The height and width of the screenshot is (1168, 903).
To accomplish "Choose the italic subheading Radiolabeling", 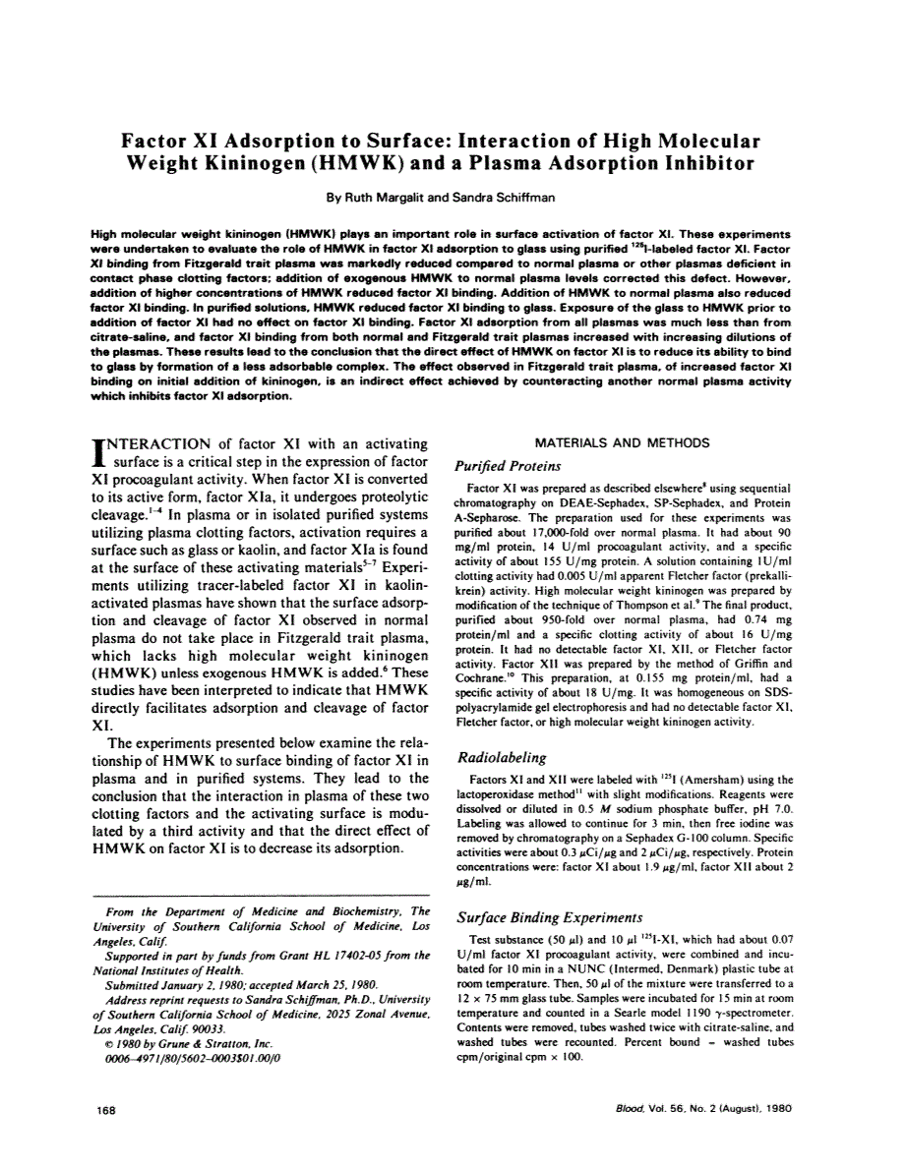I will (502, 758).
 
